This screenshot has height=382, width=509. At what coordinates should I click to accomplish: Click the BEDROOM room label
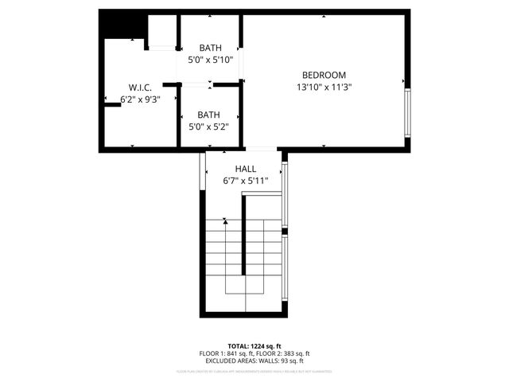[324, 75]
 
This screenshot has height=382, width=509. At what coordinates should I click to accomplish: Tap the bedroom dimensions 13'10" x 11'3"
[324, 87]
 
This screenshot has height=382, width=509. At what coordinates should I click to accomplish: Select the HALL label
[246, 169]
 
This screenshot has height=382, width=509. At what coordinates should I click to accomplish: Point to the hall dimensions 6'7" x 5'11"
[246, 181]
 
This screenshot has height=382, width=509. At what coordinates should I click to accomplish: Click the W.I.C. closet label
[139, 87]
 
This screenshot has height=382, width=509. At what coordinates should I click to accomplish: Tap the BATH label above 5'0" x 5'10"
[210, 47]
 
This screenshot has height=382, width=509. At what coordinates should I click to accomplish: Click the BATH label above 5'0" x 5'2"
[209, 114]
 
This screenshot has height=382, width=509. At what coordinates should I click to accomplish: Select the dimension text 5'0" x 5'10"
[210, 59]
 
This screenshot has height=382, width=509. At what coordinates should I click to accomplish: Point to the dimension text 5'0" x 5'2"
[209, 126]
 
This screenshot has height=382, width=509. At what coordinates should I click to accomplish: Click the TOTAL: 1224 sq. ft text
[254, 345]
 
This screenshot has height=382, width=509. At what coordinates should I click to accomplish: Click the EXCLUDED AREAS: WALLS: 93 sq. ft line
[254, 361]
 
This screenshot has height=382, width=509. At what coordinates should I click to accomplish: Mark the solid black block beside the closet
[122, 25]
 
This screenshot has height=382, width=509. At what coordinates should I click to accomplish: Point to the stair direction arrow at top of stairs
[226, 221]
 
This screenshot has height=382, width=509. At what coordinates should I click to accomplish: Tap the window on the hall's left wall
[204, 169]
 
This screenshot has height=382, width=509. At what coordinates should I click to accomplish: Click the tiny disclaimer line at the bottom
[254, 371]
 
